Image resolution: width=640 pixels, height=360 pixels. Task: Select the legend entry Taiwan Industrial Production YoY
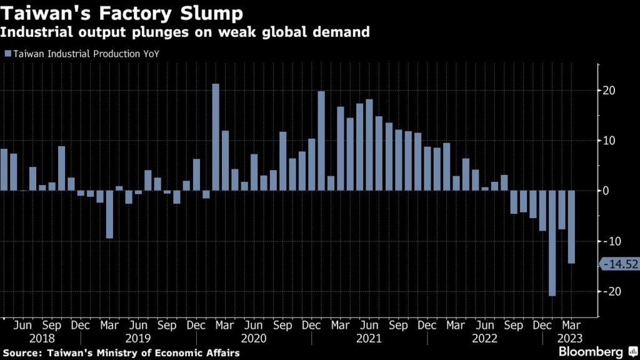pos(84,54)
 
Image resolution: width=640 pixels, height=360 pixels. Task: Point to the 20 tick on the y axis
pos(611,91)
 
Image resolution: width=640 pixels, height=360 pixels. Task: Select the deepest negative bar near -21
pos(552,243)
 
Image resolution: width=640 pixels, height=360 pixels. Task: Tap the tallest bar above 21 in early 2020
pos(216,137)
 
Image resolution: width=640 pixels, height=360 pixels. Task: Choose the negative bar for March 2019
pos(109,214)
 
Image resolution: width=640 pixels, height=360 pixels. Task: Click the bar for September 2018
pos(61,168)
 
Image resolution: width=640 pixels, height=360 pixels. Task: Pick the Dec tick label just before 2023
pos(542,326)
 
